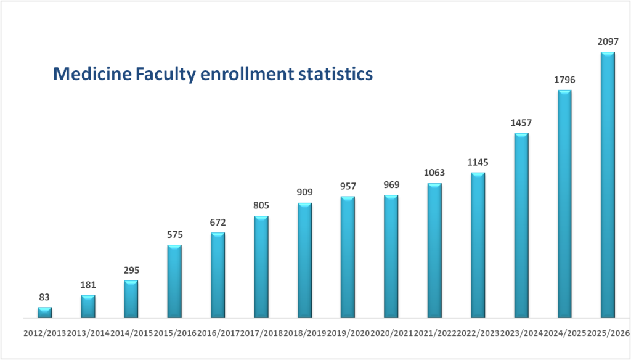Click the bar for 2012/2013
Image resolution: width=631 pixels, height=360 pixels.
(x=44, y=312)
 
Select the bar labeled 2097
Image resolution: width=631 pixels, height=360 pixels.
(x=608, y=185)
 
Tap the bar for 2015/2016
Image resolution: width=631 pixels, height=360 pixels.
(x=174, y=281)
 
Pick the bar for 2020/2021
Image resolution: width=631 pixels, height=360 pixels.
(x=391, y=256)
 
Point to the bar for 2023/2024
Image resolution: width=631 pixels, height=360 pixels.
(x=521, y=226)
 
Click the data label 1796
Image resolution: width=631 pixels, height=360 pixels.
(x=564, y=80)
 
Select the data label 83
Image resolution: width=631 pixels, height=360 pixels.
(x=44, y=297)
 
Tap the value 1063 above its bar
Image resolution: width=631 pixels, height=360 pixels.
(x=434, y=173)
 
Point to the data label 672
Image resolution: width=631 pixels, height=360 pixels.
(x=218, y=222)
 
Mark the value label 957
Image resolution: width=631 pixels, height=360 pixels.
(x=348, y=186)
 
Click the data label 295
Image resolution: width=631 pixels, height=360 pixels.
(x=131, y=270)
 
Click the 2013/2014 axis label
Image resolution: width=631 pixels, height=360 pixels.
(x=88, y=333)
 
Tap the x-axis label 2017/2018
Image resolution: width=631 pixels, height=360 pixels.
(x=261, y=333)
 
